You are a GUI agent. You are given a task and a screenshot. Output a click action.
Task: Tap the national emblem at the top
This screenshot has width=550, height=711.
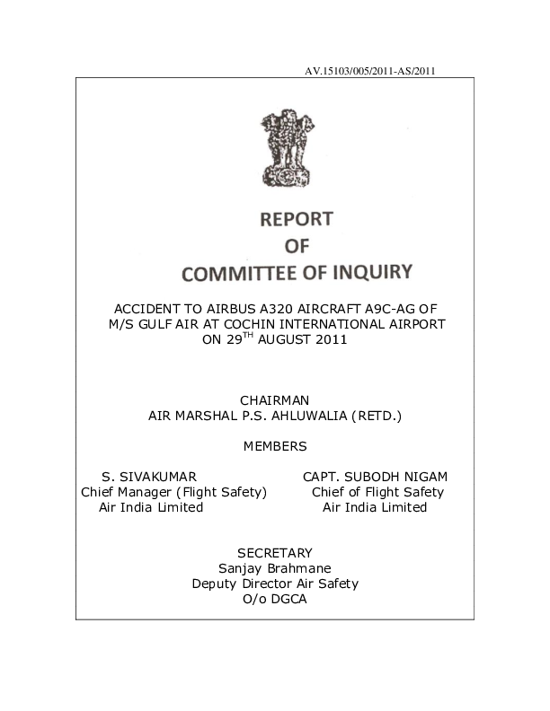[x=284, y=148]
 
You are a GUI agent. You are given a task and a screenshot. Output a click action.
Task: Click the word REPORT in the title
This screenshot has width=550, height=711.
[x=296, y=219]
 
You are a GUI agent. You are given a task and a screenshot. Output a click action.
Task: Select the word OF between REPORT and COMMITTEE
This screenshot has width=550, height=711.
[x=297, y=245]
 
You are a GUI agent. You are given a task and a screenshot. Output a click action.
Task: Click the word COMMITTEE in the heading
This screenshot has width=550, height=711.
[x=251, y=271]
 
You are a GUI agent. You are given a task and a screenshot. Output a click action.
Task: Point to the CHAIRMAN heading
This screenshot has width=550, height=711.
[x=275, y=399]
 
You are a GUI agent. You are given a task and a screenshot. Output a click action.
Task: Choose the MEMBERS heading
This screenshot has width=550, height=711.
[x=275, y=446]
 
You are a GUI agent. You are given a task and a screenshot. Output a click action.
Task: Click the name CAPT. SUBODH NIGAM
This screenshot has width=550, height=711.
[x=375, y=477]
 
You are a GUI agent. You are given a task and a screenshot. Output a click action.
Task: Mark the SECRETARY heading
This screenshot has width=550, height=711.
[x=275, y=553]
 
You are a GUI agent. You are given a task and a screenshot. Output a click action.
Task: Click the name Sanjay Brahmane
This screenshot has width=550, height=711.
[x=275, y=568]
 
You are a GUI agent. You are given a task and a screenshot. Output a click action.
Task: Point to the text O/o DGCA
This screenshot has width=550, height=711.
[x=275, y=599]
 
